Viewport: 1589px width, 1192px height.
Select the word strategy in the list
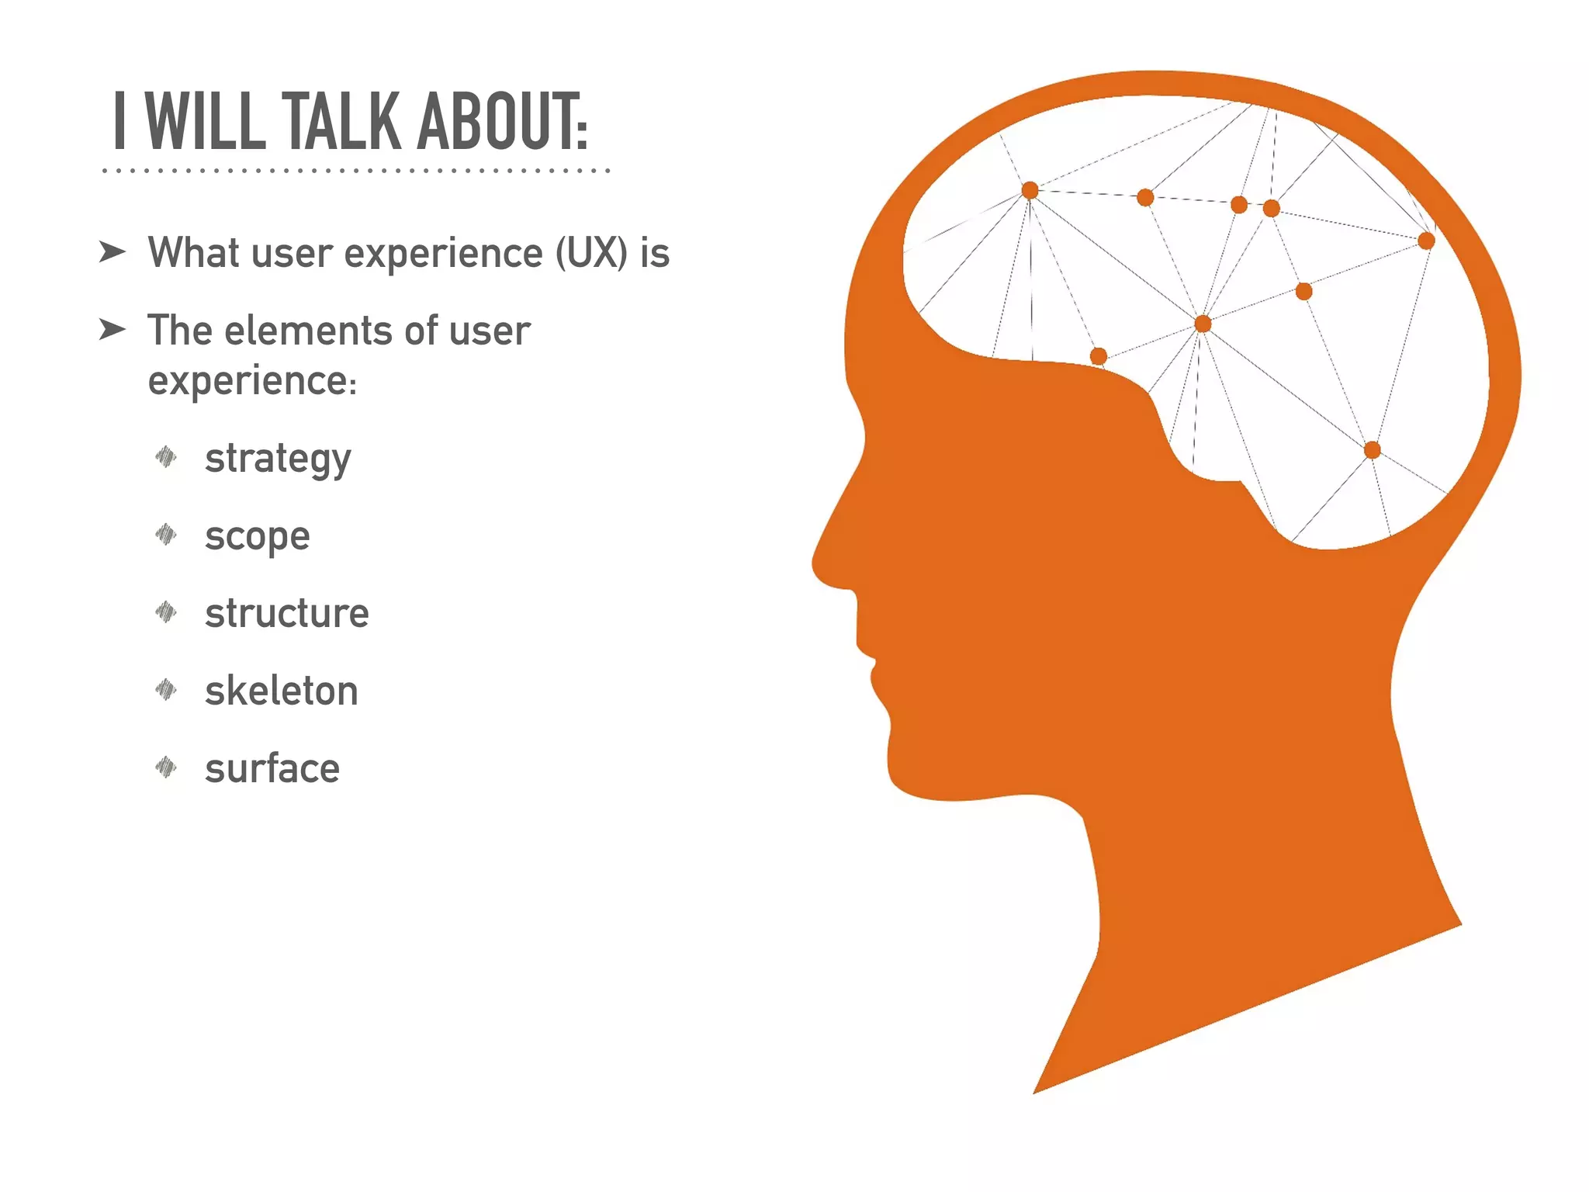point(278,459)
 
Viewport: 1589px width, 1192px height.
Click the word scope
point(257,537)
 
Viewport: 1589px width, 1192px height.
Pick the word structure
point(286,613)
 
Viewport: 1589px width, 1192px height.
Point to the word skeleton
point(281,691)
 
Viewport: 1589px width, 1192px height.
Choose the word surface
point(272,768)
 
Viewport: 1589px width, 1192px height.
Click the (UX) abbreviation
point(591,253)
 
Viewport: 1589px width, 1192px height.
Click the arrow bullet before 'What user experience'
point(113,252)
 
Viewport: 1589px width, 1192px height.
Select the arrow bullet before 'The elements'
point(113,330)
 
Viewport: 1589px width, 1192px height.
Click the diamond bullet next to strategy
point(166,457)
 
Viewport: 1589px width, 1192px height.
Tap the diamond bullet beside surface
point(166,768)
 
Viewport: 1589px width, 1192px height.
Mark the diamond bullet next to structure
point(166,612)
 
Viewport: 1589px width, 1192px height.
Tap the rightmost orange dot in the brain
point(1426,241)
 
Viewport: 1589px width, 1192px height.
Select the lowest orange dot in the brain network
point(1372,450)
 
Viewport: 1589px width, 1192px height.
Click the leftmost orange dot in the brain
point(1030,191)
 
